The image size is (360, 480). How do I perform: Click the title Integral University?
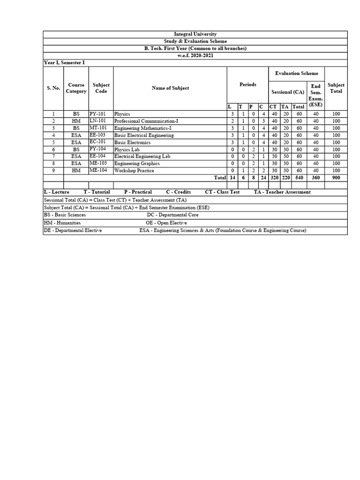tap(195, 34)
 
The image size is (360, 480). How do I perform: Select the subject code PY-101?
tap(98, 113)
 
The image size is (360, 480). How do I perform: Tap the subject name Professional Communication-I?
tap(146, 121)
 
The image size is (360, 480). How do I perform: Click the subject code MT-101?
tap(98, 127)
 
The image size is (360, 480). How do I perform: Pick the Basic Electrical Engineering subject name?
tap(144, 135)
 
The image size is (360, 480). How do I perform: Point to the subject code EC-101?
tap(98, 142)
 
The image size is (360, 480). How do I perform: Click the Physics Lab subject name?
tap(127, 150)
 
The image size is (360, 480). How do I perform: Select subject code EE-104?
tap(98, 156)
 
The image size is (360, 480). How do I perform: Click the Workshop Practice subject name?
tap(134, 171)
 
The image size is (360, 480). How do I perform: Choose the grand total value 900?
tap(336, 178)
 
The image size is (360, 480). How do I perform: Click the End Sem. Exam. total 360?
tap(315, 178)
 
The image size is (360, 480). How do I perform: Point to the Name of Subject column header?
tap(170, 88)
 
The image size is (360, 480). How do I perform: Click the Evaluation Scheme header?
tap(296, 74)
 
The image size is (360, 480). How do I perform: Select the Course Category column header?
tap(76, 88)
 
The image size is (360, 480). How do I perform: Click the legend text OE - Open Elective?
tap(166, 223)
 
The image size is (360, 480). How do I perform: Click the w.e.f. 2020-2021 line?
tap(195, 55)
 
